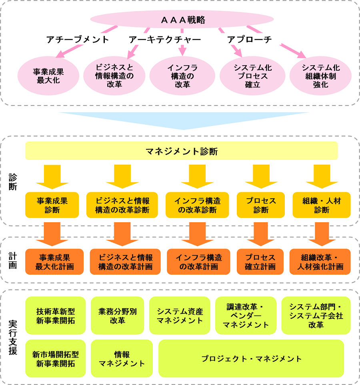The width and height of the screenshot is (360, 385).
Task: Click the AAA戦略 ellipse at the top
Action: [182, 20]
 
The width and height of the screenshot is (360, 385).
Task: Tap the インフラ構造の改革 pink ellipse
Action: [182, 76]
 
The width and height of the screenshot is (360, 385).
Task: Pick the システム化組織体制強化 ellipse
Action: [320, 76]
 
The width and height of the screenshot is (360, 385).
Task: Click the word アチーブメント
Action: [78, 40]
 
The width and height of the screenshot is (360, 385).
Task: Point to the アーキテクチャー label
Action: [164, 40]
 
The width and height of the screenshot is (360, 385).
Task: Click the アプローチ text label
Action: [249, 40]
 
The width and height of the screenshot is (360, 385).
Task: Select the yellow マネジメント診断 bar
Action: [182, 151]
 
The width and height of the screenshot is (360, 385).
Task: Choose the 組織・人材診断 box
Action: [322, 205]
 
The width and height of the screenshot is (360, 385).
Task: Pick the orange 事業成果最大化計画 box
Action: [54, 262]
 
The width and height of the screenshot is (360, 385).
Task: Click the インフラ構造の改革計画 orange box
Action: [198, 262]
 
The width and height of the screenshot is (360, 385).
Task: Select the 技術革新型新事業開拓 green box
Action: [56, 315]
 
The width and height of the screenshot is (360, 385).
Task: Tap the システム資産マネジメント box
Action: [180, 315]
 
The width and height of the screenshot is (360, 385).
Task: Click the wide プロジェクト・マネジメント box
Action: [251, 359]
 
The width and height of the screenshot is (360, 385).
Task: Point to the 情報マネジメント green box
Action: [122, 359]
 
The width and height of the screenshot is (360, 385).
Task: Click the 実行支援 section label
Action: [13, 337]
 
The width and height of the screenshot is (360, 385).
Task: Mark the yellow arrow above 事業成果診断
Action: [52, 176]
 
